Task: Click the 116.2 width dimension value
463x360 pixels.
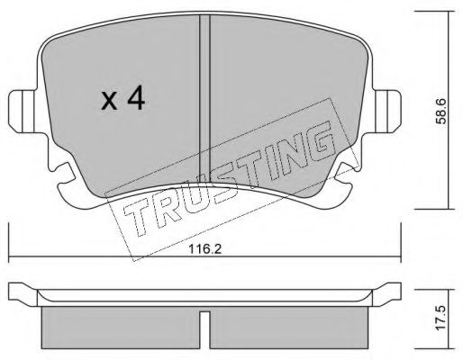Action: click(205, 249)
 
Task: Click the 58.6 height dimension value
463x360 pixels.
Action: click(441, 112)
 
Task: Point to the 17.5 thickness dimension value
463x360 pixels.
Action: click(441, 319)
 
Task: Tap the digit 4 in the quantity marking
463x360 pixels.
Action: click(136, 98)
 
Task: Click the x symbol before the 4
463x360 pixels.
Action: click(109, 101)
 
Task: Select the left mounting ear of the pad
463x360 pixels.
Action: click(23, 112)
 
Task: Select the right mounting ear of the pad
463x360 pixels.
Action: click(387, 112)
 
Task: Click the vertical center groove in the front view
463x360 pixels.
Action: click(204, 99)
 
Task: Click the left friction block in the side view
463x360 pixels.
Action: click(120, 328)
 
